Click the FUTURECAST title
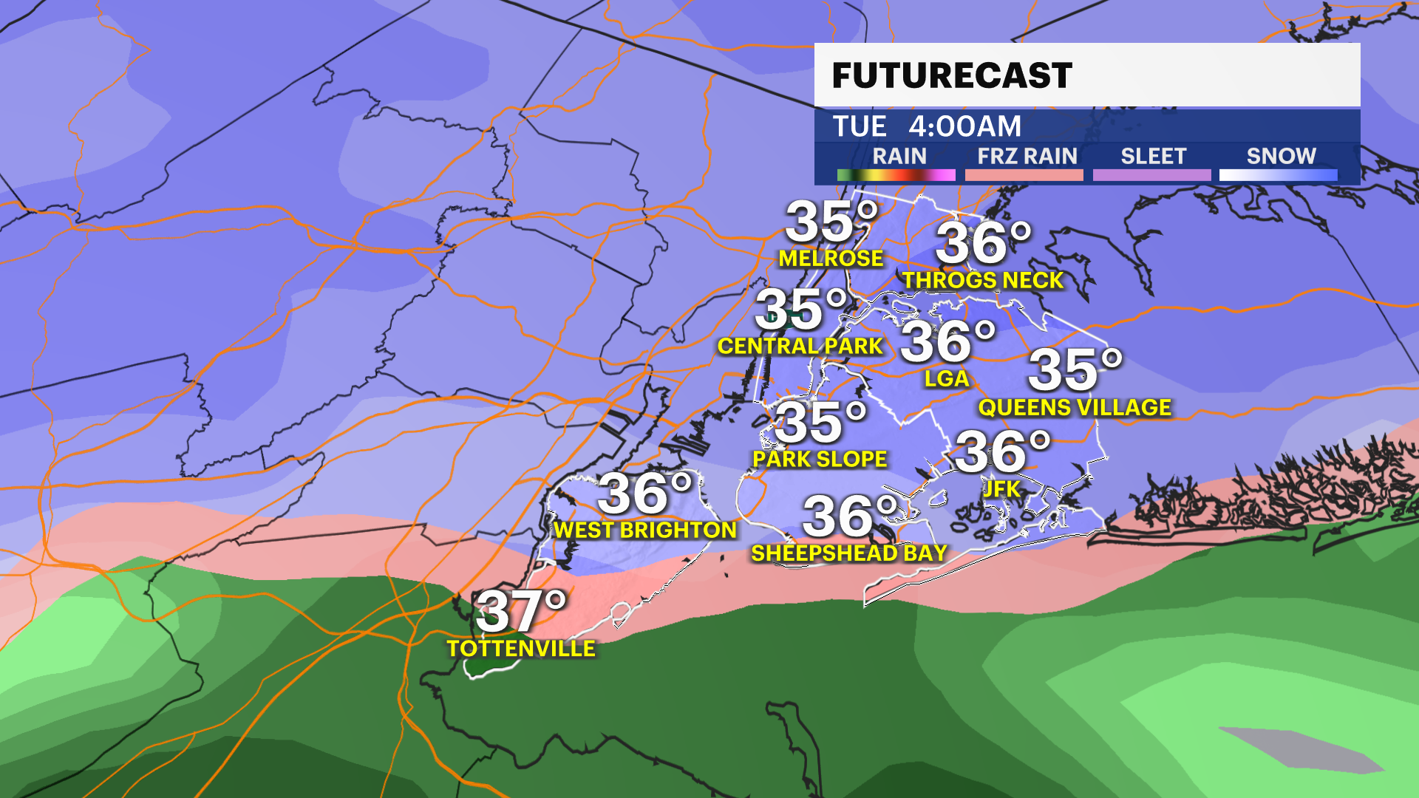951,75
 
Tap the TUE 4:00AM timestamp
927,126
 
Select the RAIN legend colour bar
896,175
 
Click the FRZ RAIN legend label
1027,156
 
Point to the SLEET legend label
1153,156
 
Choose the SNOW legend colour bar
1278,175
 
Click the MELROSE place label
831,258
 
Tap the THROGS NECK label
983,280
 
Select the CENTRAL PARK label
800,346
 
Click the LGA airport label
947,378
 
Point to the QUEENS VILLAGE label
1075,407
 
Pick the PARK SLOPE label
820,459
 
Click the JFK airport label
1001,488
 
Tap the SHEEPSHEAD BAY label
849,553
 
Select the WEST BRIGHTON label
645,530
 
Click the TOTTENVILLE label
521,648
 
